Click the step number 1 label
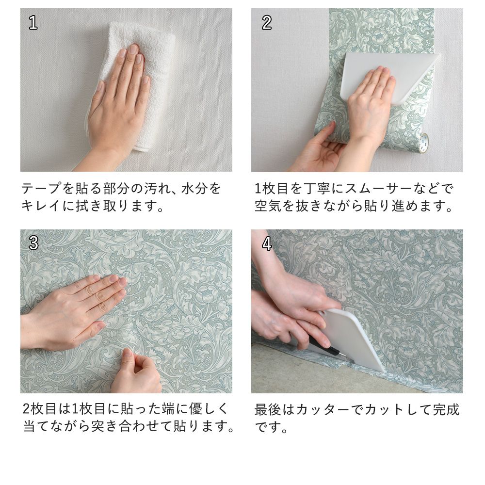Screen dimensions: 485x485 [x=33, y=23]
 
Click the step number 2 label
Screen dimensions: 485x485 [x=266, y=23]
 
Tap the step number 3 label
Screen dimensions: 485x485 [x=33, y=243]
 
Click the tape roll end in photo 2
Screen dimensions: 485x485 [x=423, y=143]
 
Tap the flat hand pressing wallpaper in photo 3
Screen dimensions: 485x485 [x=78, y=310]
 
